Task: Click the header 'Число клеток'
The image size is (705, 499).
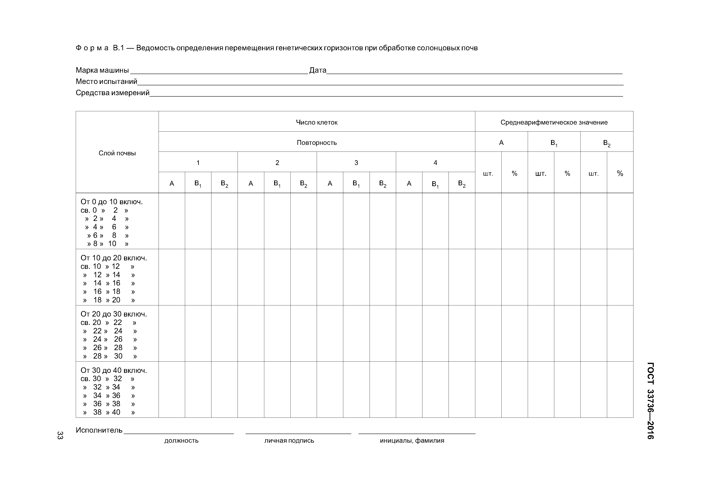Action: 317,122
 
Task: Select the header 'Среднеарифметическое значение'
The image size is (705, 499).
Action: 554,122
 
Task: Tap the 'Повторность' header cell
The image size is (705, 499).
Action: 317,143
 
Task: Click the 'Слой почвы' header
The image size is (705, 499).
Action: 117,153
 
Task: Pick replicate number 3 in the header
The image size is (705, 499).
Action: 356,163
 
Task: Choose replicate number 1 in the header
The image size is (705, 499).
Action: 198,163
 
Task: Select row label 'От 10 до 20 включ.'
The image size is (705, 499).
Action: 114,258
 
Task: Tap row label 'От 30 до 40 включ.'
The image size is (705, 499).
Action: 114,370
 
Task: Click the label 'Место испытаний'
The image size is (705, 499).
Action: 106,81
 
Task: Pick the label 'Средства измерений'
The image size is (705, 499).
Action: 112,93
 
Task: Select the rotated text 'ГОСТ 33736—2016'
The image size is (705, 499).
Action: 650,401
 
